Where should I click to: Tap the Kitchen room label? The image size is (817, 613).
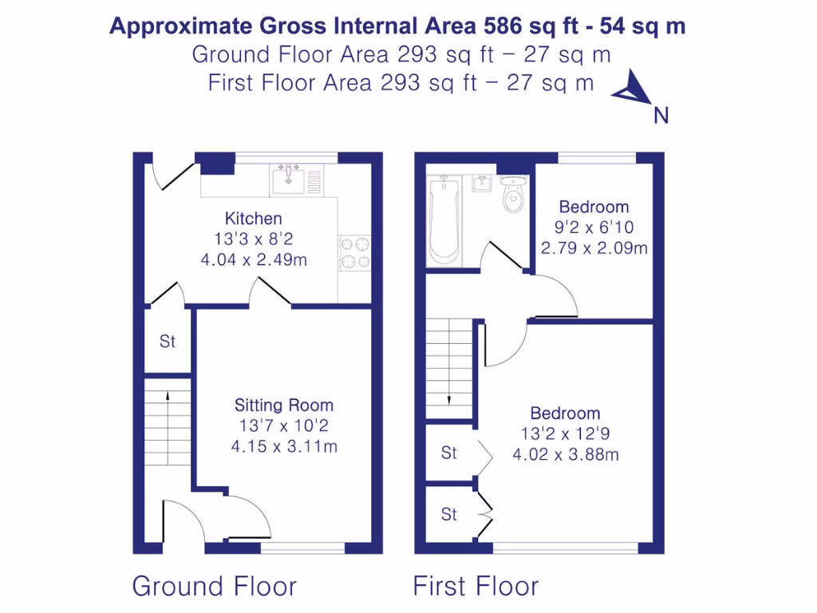click(x=253, y=219)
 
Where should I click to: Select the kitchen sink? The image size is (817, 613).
click(x=287, y=180)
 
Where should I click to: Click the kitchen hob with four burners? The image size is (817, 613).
click(x=355, y=252)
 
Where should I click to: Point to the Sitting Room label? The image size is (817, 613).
click(x=283, y=405)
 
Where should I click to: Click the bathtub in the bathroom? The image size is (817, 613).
click(x=444, y=221)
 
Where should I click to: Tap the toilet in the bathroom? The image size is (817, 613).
click(x=512, y=195)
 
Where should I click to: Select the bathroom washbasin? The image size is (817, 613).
click(x=481, y=184)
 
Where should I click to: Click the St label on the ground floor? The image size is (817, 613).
click(x=167, y=342)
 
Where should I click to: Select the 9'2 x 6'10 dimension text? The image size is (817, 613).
click(x=594, y=227)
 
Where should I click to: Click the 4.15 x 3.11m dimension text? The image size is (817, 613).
click(x=283, y=446)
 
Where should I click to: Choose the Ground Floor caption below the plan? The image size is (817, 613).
click(x=214, y=587)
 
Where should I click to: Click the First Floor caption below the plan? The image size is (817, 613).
click(x=476, y=587)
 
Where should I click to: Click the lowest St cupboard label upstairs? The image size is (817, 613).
click(x=449, y=515)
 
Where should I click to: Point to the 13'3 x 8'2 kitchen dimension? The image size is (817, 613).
click(x=253, y=239)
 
